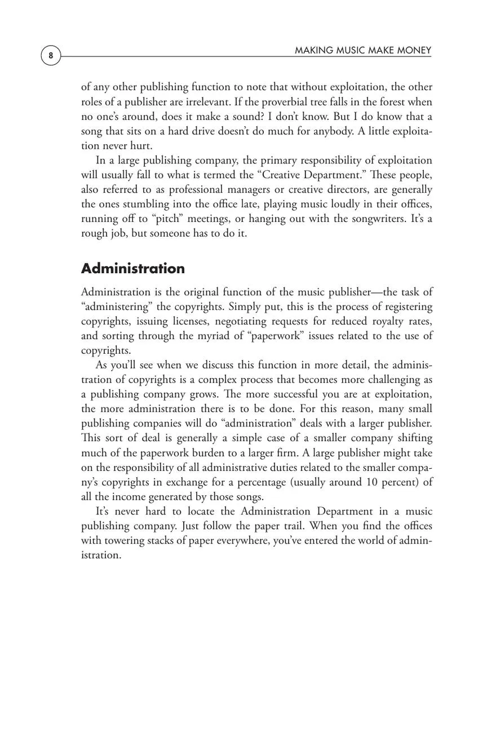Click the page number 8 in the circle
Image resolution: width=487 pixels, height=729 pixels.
point(51,56)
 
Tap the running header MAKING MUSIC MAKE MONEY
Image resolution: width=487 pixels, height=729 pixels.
point(363,51)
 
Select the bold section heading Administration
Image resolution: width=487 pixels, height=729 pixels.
point(132,268)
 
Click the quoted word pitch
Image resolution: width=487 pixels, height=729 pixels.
point(167,219)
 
